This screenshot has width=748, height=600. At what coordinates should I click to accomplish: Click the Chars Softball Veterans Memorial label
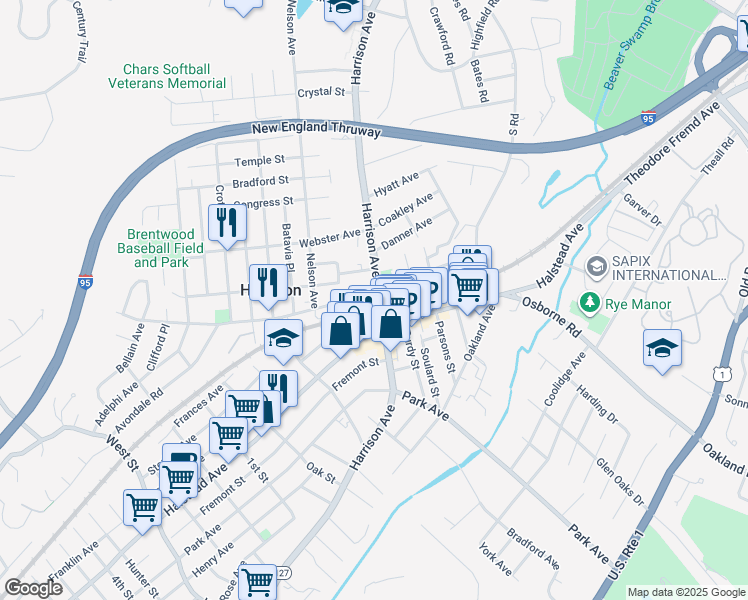[166, 76]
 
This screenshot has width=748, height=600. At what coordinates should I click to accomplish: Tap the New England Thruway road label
[316, 130]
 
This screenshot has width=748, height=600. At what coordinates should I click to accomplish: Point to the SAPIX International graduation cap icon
[597, 266]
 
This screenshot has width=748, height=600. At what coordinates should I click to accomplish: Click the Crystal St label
[320, 92]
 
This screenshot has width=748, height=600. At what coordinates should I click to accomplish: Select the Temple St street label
[259, 161]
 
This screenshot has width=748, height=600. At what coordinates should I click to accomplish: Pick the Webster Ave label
[329, 237]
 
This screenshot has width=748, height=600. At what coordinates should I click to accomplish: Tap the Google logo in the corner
[33, 588]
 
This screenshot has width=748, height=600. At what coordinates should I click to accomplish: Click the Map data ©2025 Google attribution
[685, 592]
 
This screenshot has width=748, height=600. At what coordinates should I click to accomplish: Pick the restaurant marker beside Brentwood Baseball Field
[227, 224]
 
